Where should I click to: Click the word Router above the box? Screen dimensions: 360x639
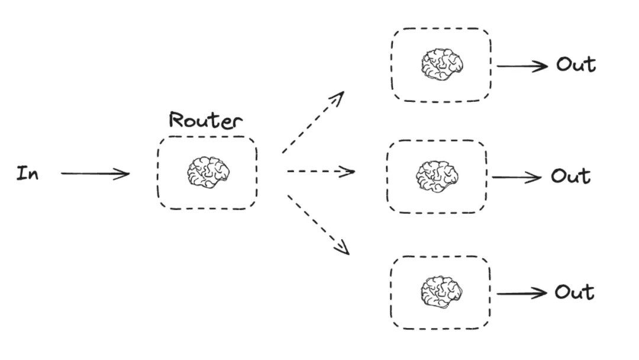(x=205, y=120)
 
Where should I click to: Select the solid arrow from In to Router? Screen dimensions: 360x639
(x=95, y=173)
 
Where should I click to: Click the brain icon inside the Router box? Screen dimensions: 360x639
(x=208, y=172)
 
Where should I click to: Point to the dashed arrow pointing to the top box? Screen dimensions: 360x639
(x=312, y=123)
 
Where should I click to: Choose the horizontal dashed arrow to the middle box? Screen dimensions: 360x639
(x=320, y=172)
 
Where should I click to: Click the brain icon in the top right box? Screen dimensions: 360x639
(x=441, y=65)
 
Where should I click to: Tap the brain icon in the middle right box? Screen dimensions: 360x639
(x=437, y=176)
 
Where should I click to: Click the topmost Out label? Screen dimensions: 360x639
(x=575, y=65)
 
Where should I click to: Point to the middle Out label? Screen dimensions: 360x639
(x=570, y=176)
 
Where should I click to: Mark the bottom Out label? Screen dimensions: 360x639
(x=574, y=292)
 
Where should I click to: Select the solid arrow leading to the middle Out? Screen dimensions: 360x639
(x=517, y=177)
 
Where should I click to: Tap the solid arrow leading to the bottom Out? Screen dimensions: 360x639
(x=521, y=293)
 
